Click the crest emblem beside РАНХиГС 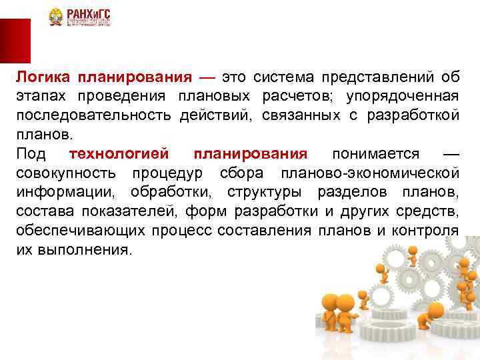[x=55, y=18]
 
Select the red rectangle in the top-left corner [x=15, y=41]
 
